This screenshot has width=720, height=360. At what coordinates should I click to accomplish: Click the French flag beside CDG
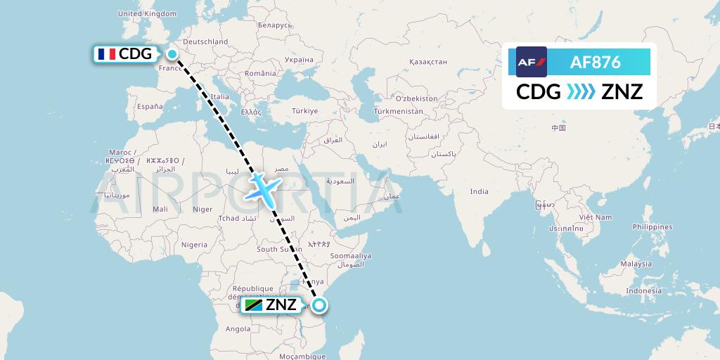coord(106,54)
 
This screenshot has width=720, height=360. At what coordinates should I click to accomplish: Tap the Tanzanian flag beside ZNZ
coord(253,305)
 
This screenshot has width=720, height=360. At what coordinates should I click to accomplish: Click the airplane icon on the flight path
coord(263,187)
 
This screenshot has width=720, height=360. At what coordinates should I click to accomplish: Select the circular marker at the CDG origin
coord(172,53)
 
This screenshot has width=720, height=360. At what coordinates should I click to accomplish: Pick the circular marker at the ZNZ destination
coord(319,305)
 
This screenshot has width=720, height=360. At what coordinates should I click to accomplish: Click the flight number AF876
coord(595,62)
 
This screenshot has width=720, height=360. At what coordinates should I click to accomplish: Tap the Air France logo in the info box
coord(531,62)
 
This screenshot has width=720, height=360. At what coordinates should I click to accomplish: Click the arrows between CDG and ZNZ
coord(581,91)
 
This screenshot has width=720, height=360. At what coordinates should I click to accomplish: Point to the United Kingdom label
coord(147,13)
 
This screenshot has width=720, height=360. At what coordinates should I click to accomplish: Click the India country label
coord(479,191)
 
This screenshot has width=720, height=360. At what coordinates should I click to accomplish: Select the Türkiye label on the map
coord(305,111)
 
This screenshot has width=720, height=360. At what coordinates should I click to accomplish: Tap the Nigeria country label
coord(194,245)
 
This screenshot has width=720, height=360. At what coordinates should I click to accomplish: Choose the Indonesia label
coord(643,290)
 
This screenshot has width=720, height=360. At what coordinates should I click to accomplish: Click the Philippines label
coord(652,226)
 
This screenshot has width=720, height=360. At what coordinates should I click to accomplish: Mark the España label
coord(149,106)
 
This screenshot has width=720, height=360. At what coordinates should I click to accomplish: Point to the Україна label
coord(297,60)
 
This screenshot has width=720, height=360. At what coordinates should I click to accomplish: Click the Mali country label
coord(160,209)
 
